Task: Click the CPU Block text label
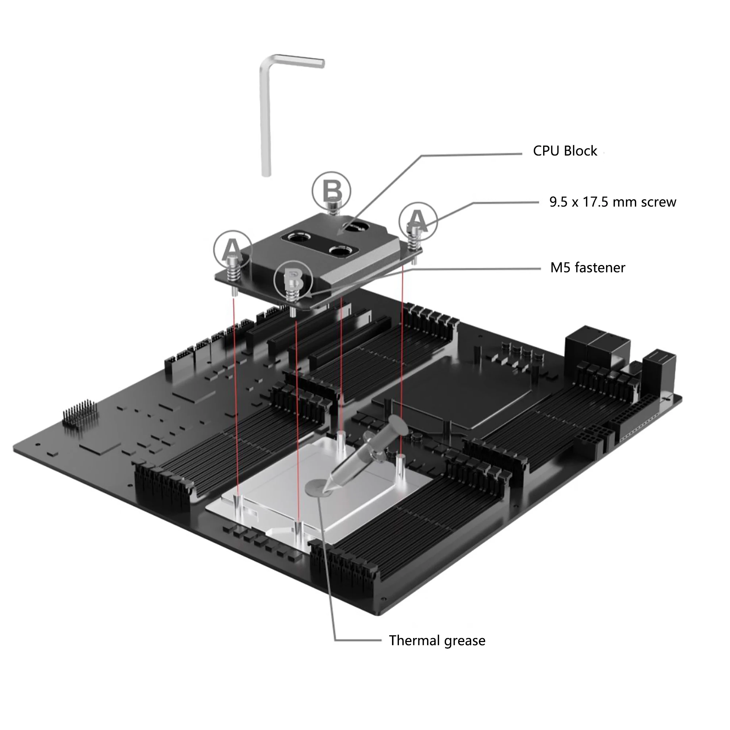coord(565,151)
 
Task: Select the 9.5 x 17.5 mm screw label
coord(612,202)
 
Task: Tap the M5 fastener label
coord(587,268)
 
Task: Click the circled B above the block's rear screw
coord(331,191)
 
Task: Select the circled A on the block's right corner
coord(418,221)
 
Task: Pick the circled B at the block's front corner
coord(293,279)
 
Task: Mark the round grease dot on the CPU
coord(315,487)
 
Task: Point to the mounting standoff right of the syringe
coord(400,469)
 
